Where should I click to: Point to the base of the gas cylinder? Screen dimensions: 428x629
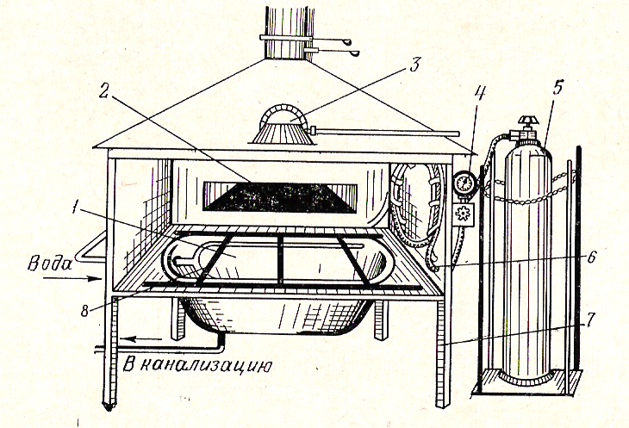click(x=524, y=378)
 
